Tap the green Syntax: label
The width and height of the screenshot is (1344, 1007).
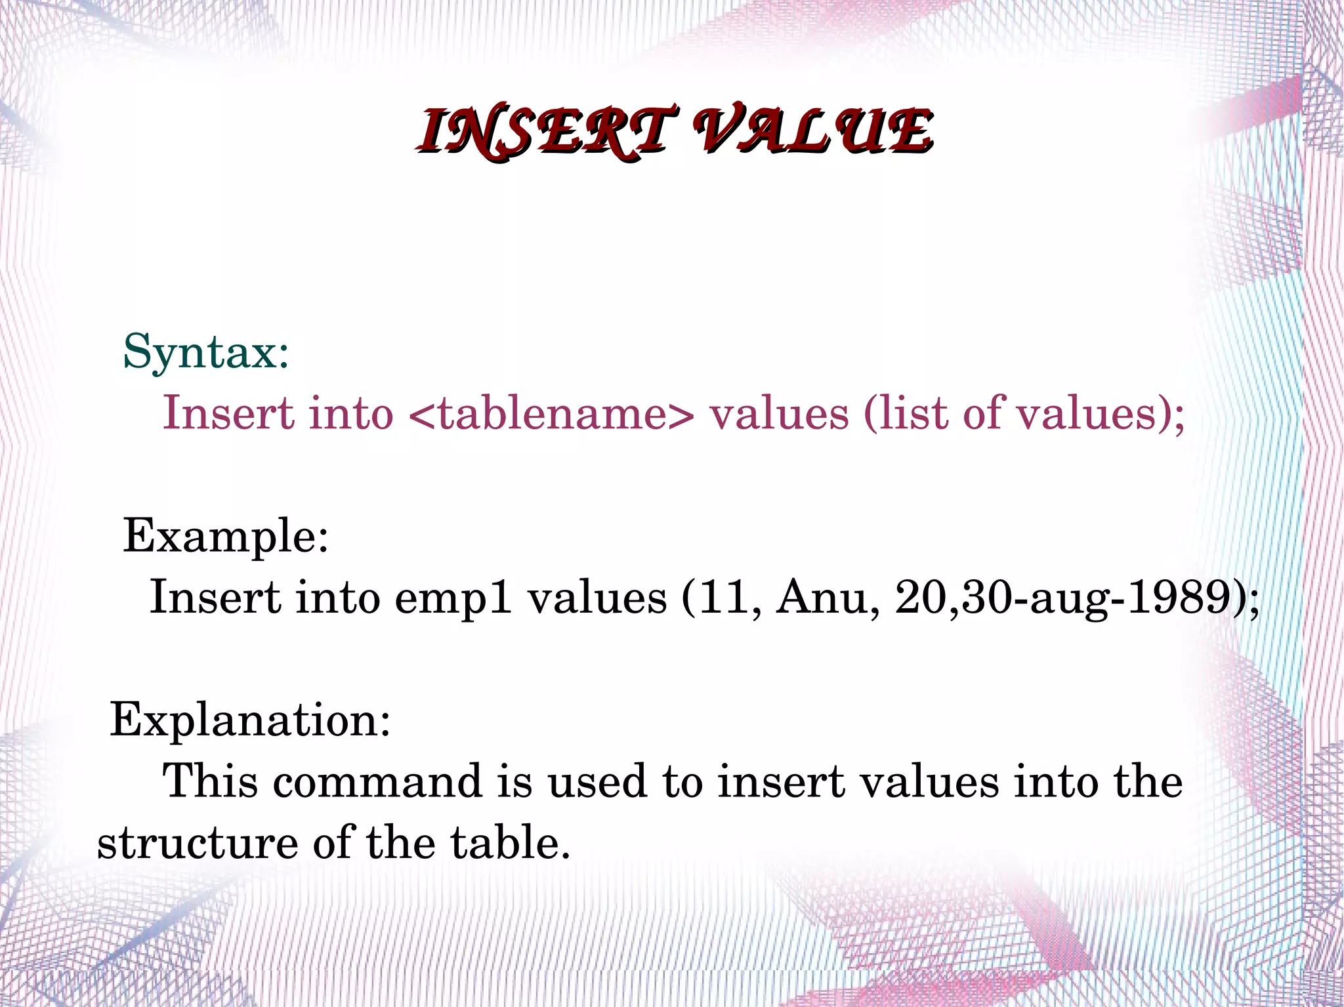point(206,352)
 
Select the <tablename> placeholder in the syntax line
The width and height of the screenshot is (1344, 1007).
point(551,413)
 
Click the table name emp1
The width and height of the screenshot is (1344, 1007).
point(453,598)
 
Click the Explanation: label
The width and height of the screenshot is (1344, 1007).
point(250,720)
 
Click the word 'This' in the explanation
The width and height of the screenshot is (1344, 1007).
point(211,782)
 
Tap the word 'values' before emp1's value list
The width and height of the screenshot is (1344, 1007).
point(597,598)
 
